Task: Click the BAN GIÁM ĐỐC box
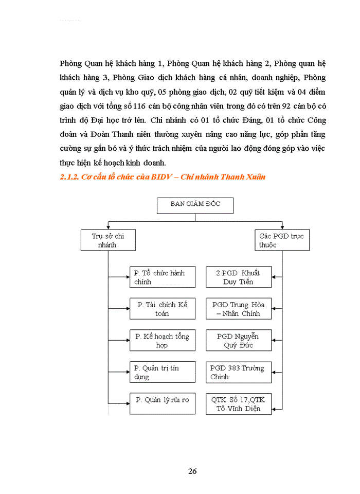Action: click(195, 205)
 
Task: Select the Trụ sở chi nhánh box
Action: click(108, 240)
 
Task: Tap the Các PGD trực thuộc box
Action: click(282, 240)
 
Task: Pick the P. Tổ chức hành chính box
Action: click(163, 277)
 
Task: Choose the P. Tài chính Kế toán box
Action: click(163, 309)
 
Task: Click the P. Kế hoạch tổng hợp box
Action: click(163, 341)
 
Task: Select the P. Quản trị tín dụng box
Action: click(163, 372)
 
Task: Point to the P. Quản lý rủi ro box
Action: click(163, 403)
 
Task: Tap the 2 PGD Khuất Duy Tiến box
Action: click(238, 277)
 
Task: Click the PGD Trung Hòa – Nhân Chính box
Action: click(238, 309)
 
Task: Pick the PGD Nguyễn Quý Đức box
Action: click(238, 341)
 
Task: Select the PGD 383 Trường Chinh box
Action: click(238, 372)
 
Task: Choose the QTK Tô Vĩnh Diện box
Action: click(238, 403)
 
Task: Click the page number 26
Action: click(192, 471)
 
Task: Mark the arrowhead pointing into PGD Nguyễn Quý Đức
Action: click(274, 341)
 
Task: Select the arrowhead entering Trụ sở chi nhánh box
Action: click(108, 228)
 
